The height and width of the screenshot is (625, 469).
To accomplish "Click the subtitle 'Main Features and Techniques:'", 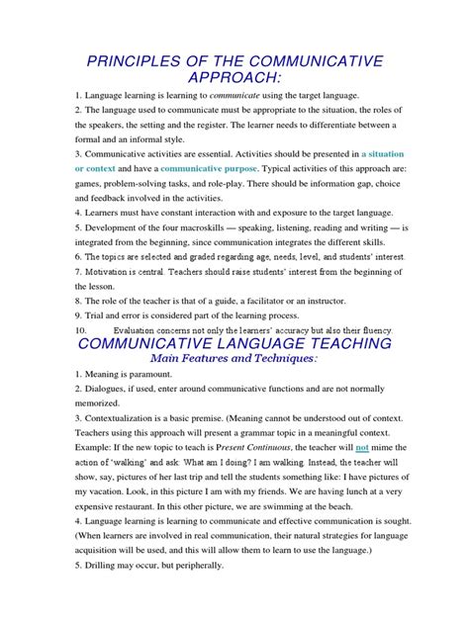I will coord(234,360).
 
